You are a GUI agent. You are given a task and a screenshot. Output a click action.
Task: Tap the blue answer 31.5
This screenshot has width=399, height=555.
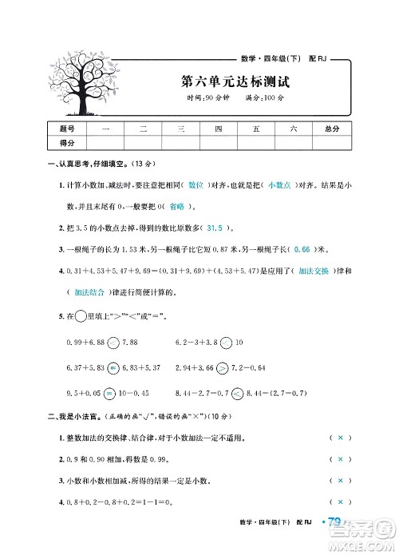coord(219,226)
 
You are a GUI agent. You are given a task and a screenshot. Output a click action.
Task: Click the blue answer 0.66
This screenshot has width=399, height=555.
coord(301,248)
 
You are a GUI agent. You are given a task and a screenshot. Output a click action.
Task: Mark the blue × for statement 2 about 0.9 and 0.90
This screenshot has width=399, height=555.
coord(340,459)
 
